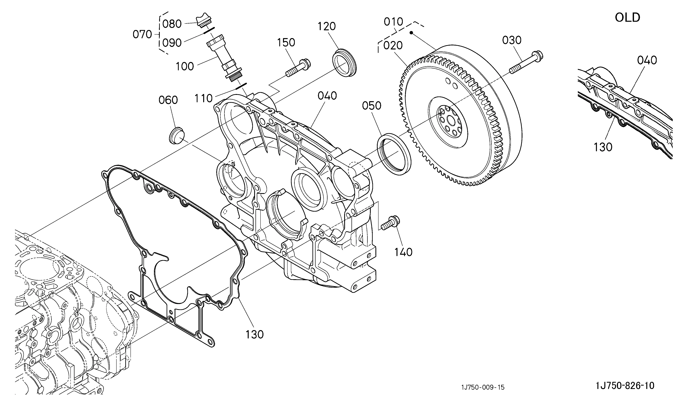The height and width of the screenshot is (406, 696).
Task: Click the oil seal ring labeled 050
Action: pyautogui.click(x=394, y=154)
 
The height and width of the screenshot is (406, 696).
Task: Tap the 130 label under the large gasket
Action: pyautogui.click(x=255, y=335)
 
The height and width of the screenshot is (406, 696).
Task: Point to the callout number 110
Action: pyautogui.click(x=204, y=98)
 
